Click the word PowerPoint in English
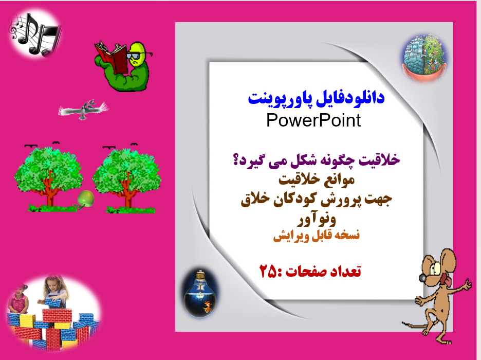pos(313,120)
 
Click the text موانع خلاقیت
pos(316,181)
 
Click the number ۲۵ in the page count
pos(269,271)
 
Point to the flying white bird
pos(85,110)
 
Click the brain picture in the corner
pos(423,57)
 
